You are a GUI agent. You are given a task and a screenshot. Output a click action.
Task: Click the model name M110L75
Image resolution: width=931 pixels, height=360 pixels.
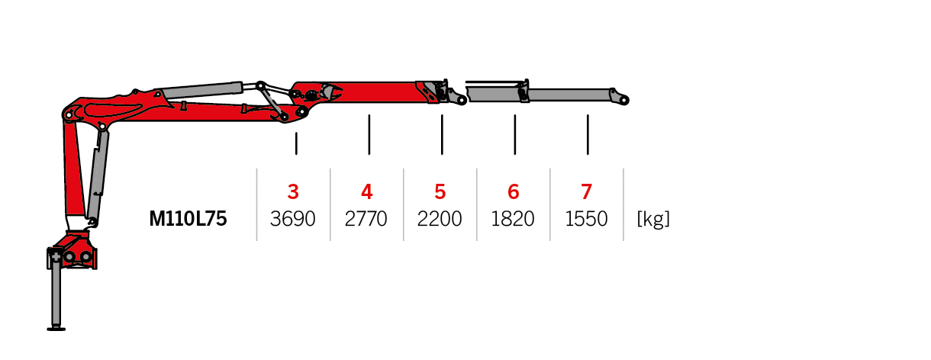188,218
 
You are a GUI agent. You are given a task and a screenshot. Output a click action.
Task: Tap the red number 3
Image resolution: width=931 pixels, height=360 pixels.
293,192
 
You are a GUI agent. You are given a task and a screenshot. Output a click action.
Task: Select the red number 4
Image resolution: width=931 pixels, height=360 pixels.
366,192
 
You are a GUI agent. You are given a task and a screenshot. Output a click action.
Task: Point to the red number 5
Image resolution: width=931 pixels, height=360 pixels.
440,192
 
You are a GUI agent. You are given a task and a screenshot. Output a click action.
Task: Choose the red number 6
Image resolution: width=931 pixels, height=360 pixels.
514,192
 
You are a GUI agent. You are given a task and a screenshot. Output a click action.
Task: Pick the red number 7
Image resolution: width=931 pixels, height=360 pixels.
586,192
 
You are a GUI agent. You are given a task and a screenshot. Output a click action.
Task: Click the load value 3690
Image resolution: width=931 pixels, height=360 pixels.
292,219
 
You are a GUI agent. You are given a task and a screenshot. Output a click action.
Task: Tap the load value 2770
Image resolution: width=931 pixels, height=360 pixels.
366,219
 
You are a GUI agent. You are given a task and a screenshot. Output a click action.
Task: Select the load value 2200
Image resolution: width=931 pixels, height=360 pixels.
440,219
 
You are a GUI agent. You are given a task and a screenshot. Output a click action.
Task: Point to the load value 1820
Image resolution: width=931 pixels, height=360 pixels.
513,219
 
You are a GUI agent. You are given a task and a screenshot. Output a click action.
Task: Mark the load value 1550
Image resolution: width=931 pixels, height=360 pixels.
586,219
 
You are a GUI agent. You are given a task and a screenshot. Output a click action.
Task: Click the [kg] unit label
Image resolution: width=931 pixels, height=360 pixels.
653,219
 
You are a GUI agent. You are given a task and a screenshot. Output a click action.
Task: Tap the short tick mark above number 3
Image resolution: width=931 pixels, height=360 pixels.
296,143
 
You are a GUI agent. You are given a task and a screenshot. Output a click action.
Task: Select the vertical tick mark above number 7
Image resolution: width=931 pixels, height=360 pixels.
588,135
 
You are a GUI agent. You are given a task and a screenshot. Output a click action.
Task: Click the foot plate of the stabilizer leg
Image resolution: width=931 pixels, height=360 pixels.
56,329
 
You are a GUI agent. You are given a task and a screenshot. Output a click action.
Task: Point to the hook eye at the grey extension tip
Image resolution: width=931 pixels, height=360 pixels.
623,100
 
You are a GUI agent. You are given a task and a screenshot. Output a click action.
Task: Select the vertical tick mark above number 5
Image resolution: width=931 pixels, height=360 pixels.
442,135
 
